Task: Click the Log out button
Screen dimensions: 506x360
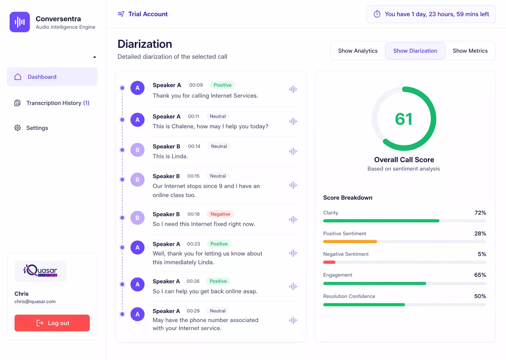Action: tap(52, 323)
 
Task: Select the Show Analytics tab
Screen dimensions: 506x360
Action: tap(358, 51)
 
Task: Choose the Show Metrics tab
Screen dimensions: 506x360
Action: tap(470, 51)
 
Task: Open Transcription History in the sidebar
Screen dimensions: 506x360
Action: tap(58, 103)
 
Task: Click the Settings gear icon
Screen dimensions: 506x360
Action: tap(17, 128)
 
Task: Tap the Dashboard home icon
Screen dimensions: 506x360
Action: tap(18, 77)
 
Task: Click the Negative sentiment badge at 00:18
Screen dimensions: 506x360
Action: tap(220, 214)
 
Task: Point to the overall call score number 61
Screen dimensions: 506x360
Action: tap(404, 119)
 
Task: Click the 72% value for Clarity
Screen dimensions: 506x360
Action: tap(480, 213)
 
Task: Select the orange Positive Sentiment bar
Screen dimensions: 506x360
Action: tap(350, 242)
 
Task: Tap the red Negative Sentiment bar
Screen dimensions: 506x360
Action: tap(329, 262)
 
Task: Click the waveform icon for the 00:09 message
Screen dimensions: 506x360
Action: tap(293, 89)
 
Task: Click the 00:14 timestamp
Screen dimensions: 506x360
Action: tap(194, 146)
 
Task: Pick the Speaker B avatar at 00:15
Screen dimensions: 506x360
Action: tap(137, 180)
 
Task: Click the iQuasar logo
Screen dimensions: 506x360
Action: tap(40, 271)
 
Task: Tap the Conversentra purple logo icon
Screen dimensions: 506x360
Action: tap(20, 22)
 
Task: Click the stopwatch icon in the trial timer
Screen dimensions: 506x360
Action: tap(377, 14)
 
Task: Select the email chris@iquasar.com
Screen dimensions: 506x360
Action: tap(35, 301)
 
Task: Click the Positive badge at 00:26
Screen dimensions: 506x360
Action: tap(218, 281)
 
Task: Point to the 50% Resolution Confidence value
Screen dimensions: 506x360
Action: tap(480, 296)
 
